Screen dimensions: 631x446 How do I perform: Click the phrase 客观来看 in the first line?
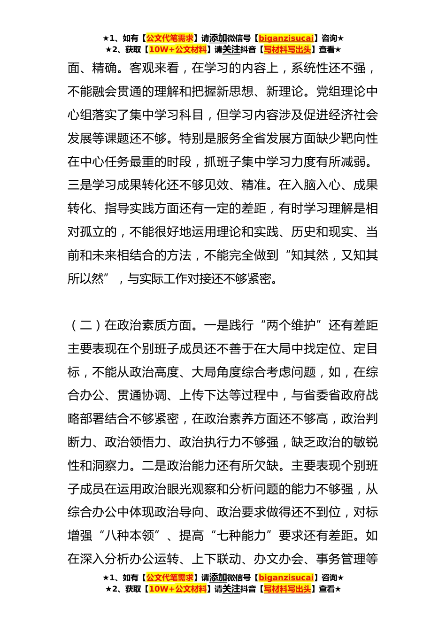coord(154,69)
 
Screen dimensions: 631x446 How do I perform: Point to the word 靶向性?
coord(359,139)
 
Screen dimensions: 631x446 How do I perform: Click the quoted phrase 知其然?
coord(310,256)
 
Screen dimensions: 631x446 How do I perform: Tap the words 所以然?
coord(86,279)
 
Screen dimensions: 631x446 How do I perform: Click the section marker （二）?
coord(86,325)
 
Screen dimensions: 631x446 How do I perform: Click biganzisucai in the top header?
coord(286,38)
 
